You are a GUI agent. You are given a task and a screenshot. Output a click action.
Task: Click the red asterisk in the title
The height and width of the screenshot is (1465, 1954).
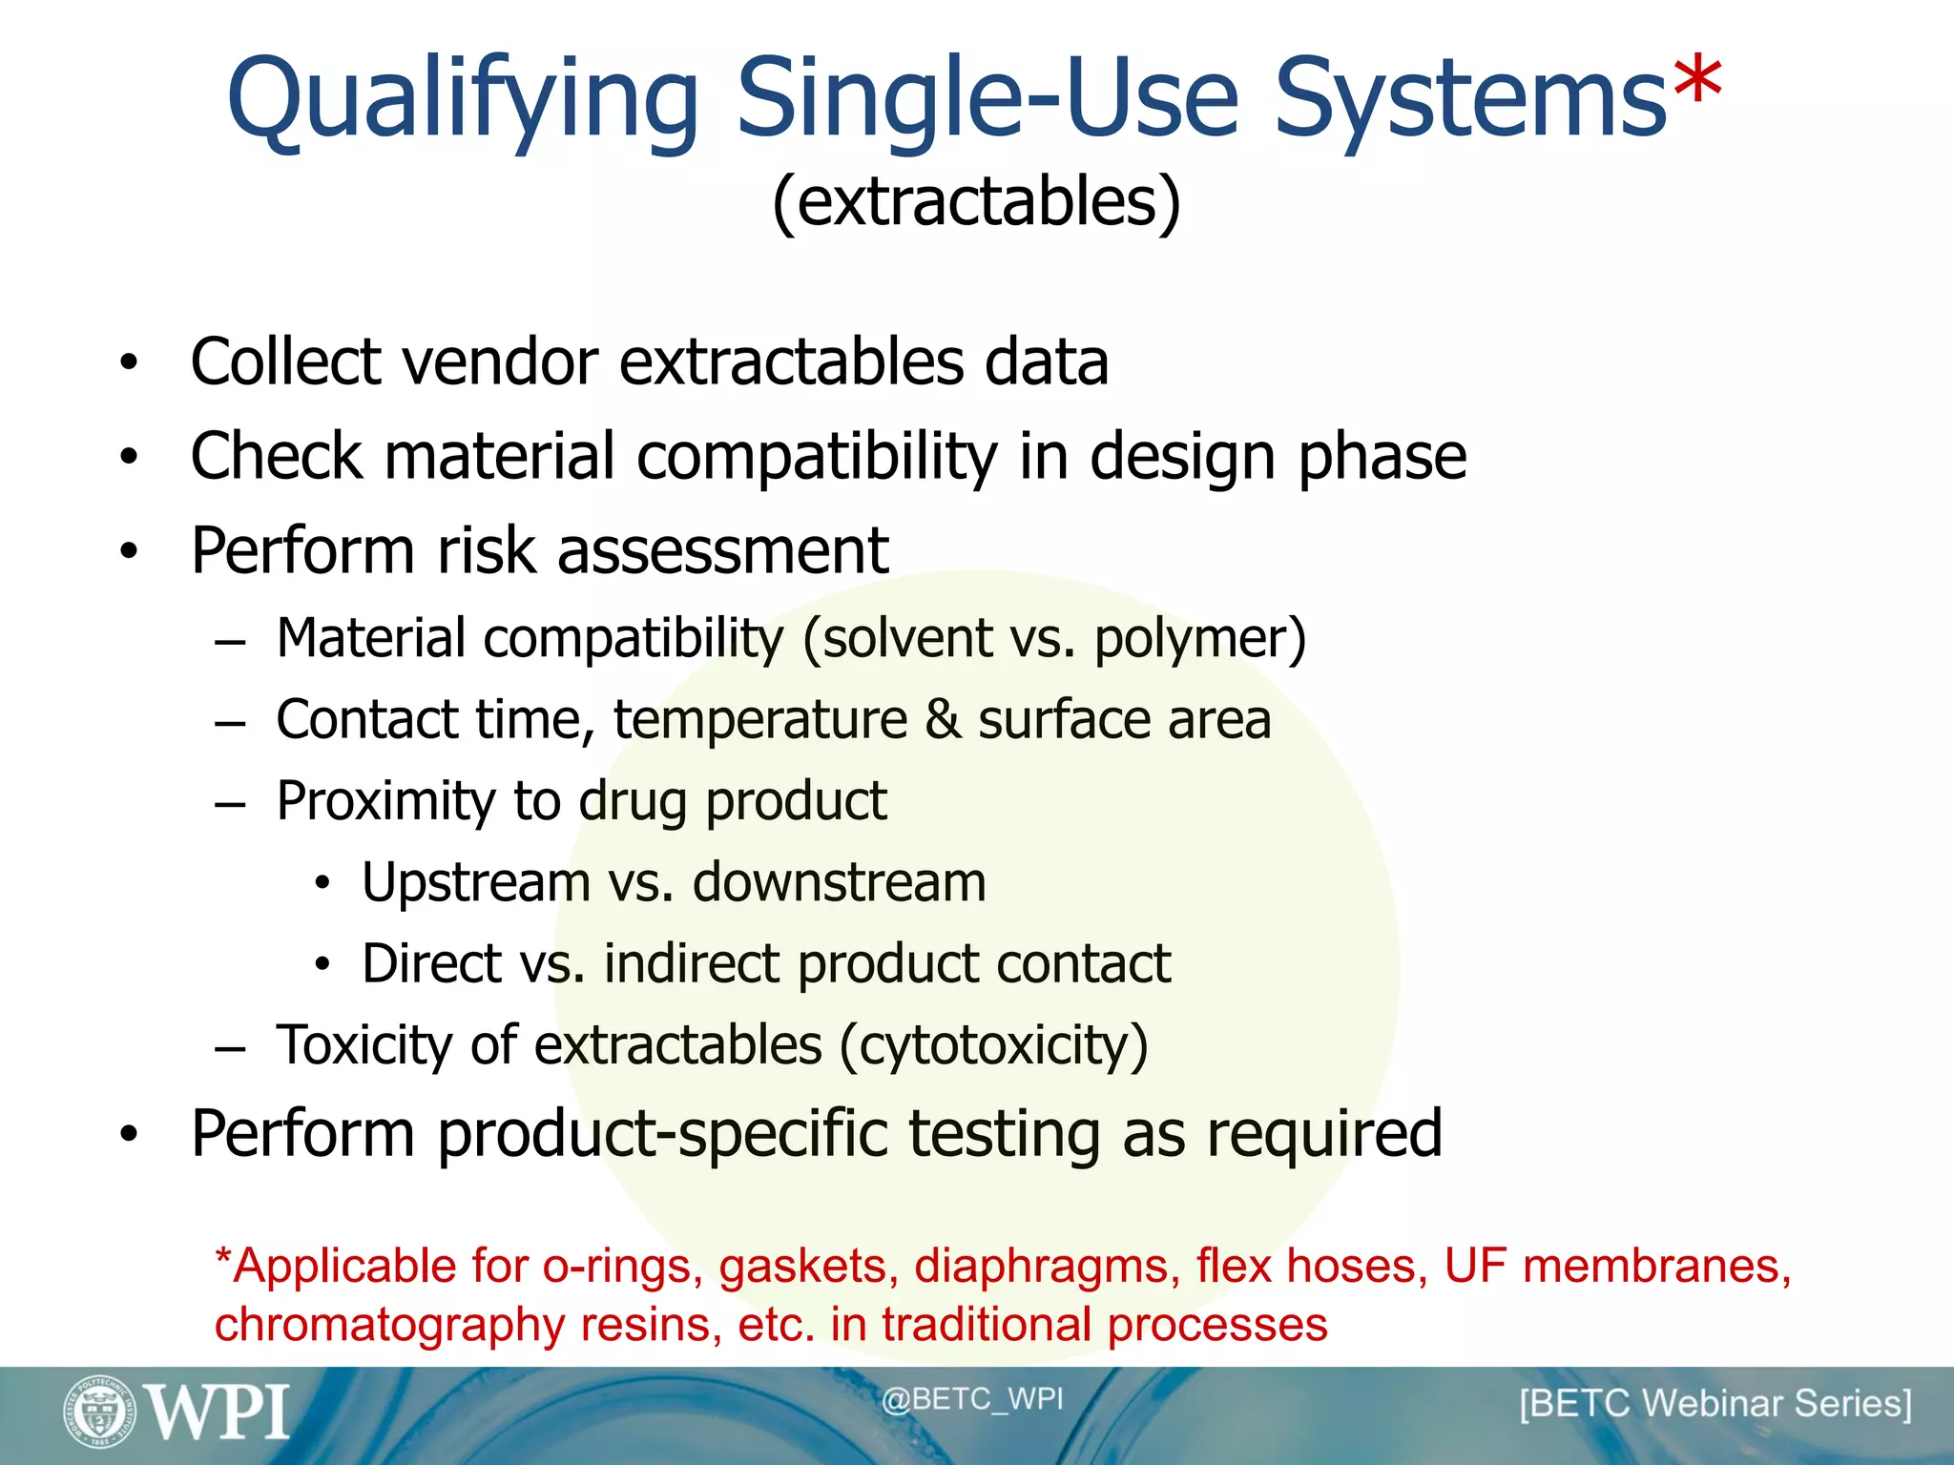pos(1697,84)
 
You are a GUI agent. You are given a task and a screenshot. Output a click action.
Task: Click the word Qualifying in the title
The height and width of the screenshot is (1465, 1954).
pos(463,100)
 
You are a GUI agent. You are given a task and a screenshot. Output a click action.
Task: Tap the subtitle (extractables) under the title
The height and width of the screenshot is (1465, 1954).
pos(976,202)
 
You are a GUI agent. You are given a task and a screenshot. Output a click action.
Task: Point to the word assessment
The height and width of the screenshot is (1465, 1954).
pos(722,551)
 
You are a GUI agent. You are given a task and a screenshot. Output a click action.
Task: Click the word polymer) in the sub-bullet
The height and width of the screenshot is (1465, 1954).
pos(1199,639)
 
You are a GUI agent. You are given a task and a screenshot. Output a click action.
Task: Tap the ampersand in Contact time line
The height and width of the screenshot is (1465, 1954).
pos(943,719)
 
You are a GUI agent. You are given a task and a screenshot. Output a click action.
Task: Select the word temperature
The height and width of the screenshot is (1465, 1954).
pos(760,720)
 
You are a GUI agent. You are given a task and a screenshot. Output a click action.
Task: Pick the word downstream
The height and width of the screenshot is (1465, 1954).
pos(839,882)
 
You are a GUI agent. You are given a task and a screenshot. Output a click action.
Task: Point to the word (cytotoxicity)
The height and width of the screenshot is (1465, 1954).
pos(993,1046)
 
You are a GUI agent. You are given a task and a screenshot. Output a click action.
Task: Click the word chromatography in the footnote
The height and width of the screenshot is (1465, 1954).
pos(389,1326)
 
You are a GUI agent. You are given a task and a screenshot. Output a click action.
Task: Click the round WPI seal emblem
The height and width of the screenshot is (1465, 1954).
pos(99,1412)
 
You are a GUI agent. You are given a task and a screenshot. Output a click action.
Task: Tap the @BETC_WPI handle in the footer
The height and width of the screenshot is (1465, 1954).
pos(971,1399)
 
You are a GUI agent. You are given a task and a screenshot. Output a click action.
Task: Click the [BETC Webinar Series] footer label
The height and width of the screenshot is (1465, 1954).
pos(1715,1404)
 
